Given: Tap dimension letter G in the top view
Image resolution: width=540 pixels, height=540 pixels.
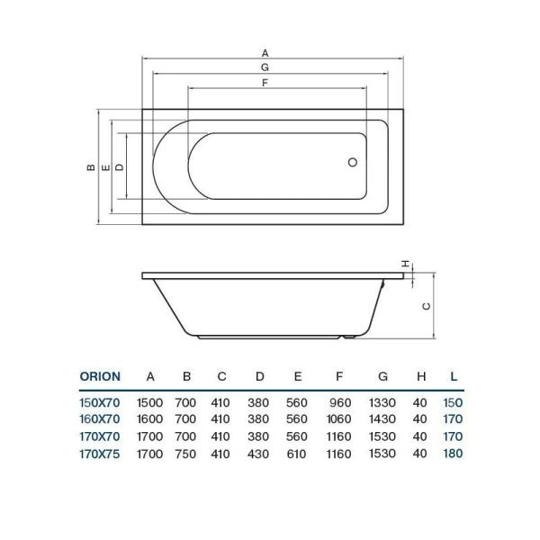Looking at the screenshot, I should coord(265,67).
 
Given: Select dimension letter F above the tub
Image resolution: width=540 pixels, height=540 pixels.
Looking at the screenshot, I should coord(265,83).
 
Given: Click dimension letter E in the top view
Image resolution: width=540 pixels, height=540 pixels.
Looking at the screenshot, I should coord(105,167).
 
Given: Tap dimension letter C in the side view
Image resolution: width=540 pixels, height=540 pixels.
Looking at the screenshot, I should coord(427,306).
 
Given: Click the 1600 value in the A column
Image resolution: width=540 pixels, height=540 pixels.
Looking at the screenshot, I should coord(149,420).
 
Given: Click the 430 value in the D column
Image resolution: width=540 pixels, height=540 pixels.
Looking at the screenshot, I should coord(259,453).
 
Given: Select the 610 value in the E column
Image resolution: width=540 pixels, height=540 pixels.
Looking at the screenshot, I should coord(297,453).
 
